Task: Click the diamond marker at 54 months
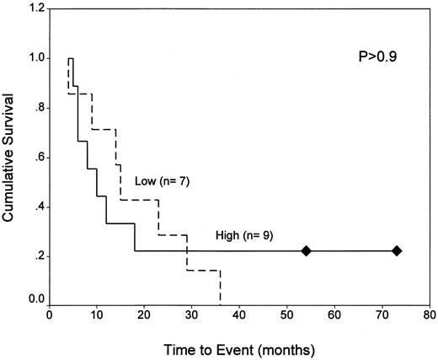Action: (x=307, y=250)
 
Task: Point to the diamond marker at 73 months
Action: (x=397, y=250)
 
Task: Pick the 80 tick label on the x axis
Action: (x=430, y=314)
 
